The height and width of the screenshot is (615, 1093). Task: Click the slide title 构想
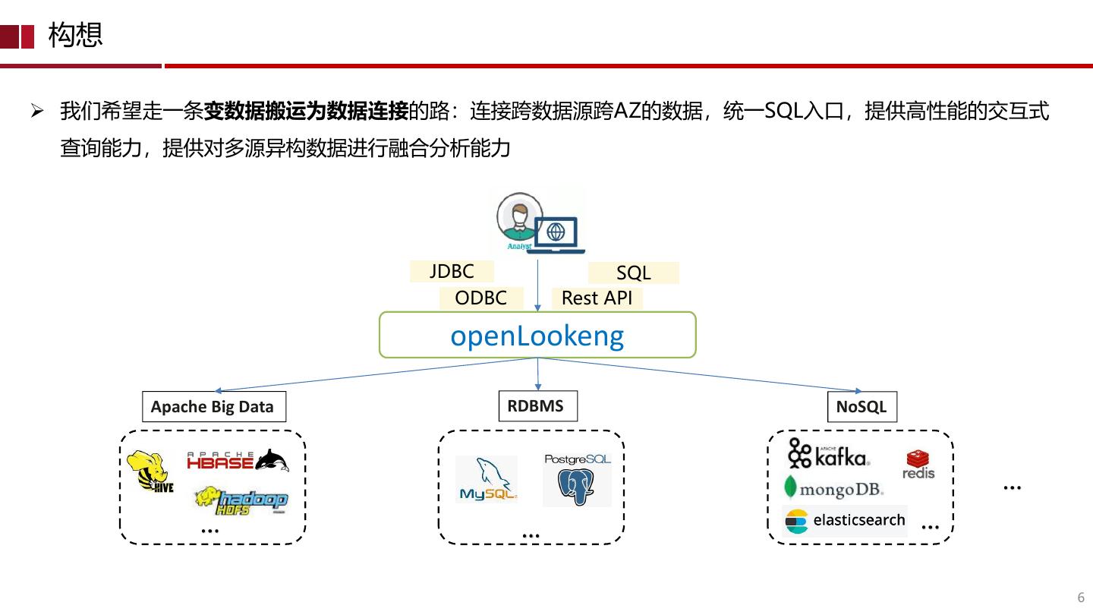75,35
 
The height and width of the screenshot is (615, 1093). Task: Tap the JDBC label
452,271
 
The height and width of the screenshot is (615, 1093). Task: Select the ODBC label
481,298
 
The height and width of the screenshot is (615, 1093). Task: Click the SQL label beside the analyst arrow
633,273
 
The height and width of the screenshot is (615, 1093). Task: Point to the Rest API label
597,298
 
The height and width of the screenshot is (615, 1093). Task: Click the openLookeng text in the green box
537,336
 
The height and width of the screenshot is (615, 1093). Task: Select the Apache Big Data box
214,407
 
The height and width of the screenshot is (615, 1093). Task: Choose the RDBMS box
537,405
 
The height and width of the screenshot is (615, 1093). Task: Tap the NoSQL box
861,407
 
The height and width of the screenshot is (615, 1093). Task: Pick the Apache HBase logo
238,460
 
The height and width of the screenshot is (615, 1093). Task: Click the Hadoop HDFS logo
242,500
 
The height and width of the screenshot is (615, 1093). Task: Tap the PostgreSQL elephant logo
577,480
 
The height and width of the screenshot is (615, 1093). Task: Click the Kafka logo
829,453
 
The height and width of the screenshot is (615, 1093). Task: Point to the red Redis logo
918,465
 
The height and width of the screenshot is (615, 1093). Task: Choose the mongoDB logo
834,487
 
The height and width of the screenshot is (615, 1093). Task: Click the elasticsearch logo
845,521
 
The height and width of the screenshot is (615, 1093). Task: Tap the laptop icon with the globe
556,235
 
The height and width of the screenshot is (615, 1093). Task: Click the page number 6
1081,598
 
